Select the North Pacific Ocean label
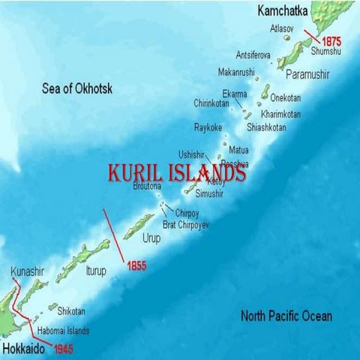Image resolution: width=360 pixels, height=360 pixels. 286,316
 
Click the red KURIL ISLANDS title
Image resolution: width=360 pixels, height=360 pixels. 177,173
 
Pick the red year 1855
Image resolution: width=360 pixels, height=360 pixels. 136,265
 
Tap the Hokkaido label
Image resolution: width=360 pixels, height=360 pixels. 23,348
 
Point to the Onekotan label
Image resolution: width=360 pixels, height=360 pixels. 285,98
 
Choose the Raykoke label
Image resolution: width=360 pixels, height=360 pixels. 208,127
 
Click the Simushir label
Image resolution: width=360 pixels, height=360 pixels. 208,193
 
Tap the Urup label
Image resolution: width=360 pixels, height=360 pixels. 151,238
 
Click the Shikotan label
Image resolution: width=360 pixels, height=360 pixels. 71,311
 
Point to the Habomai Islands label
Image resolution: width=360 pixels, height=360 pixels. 64,330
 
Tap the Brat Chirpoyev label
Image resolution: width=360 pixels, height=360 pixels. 185,224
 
